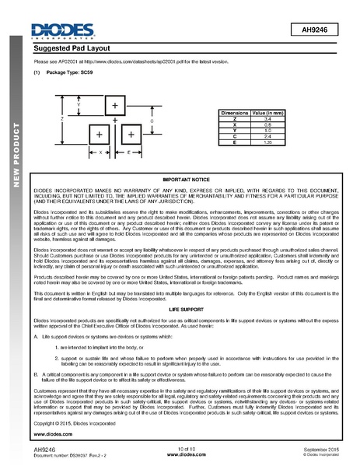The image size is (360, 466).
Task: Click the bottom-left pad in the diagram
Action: (x=100, y=135)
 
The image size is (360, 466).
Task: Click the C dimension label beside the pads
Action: (x=152, y=123)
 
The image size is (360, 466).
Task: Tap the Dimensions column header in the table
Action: (x=234, y=113)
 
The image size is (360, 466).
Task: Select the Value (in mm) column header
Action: (x=269, y=113)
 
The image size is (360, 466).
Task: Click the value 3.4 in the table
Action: (x=268, y=119)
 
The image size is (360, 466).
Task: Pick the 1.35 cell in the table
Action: (x=268, y=142)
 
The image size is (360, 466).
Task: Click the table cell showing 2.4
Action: (x=268, y=136)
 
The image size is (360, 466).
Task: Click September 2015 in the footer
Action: (x=321, y=450)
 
